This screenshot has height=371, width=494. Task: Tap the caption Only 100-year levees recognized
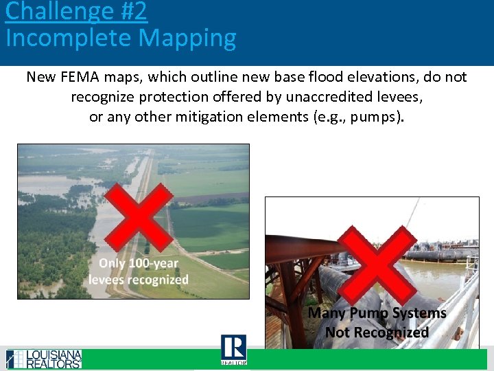coord(139,271)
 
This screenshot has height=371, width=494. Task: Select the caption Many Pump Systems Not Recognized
coord(377,323)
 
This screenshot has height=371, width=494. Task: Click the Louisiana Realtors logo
coord(44,359)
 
